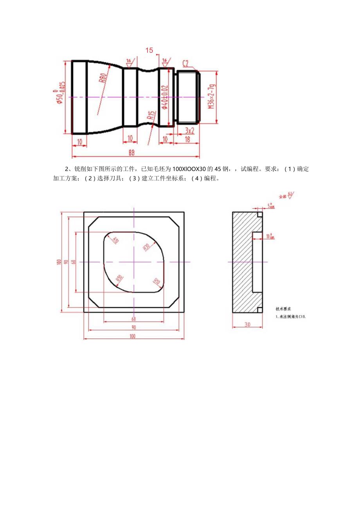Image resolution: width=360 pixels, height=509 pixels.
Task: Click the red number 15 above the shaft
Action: (149, 50)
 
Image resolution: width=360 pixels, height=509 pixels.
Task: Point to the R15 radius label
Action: (151, 116)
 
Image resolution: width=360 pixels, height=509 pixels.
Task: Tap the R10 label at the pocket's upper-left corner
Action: (115, 240)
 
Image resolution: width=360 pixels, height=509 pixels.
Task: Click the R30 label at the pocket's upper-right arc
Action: (146, 247)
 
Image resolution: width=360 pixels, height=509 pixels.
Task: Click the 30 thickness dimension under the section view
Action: (247, 324)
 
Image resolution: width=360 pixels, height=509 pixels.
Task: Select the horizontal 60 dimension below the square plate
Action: (133, 319)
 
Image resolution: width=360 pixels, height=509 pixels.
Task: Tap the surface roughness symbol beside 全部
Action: (290, 194)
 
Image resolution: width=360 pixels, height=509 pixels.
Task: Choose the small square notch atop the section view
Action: (259, 214)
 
